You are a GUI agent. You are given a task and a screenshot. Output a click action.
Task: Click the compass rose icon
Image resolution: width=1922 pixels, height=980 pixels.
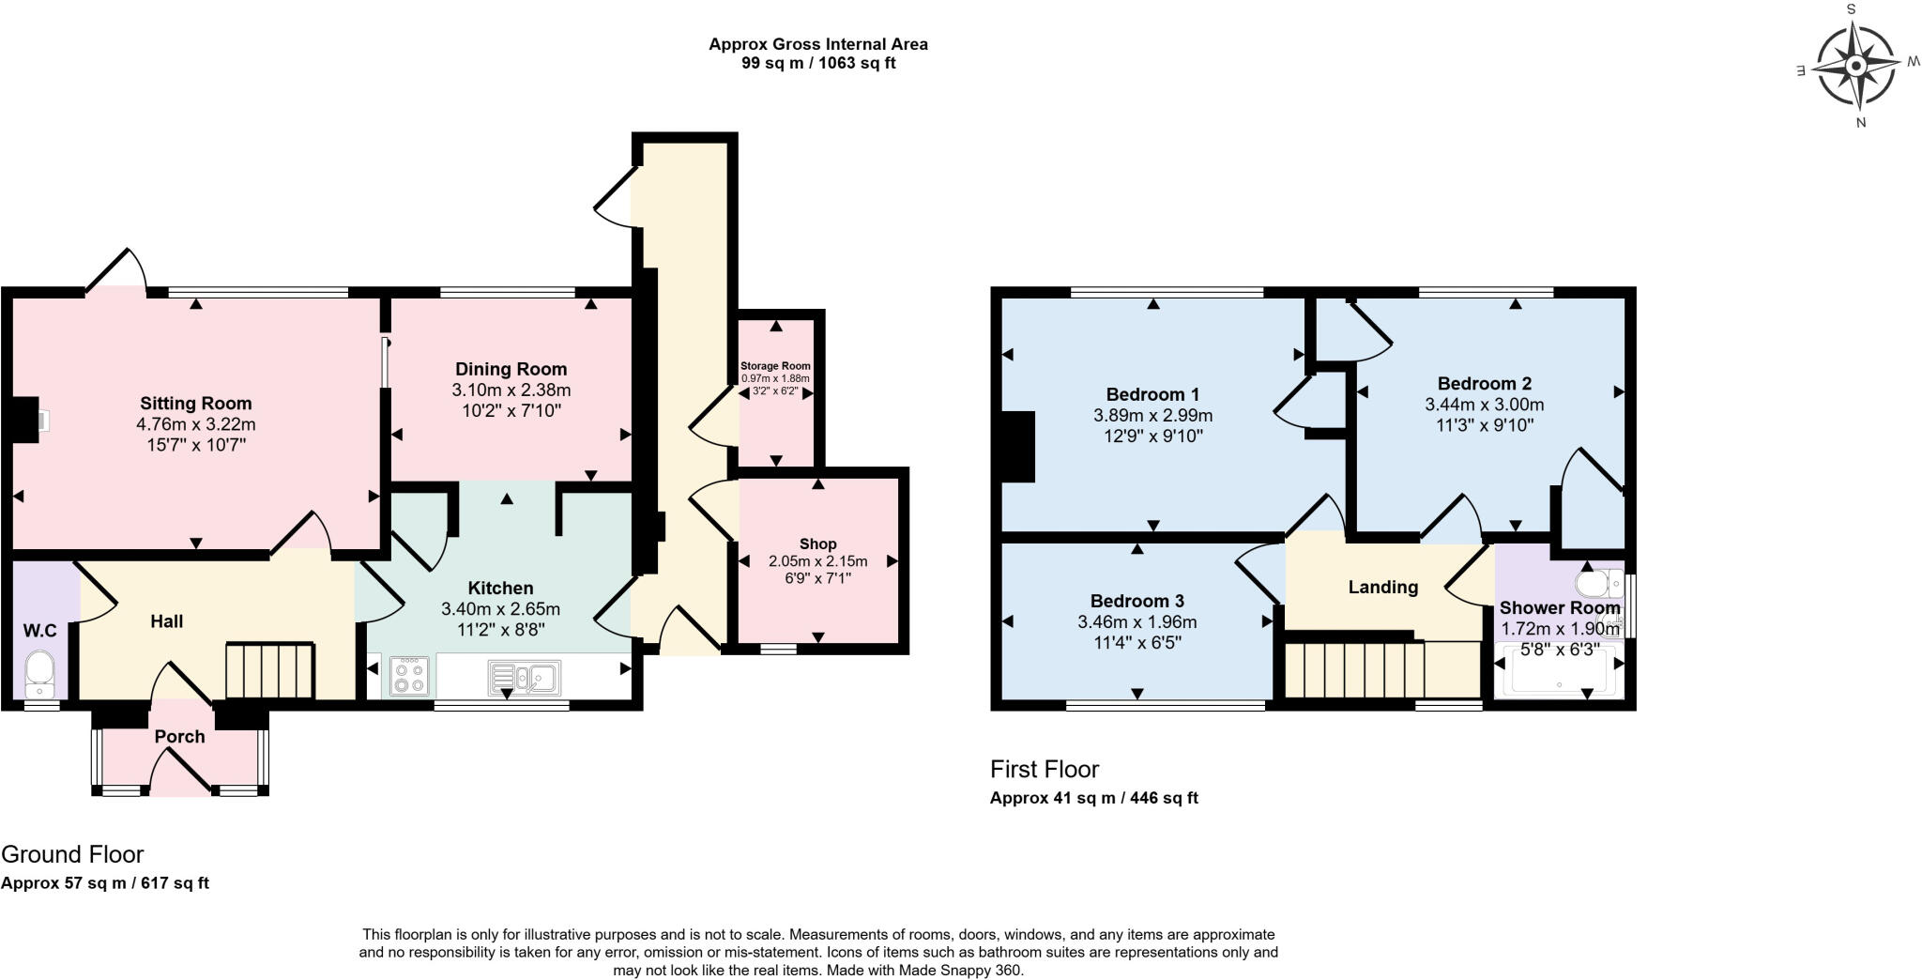point(1857,67)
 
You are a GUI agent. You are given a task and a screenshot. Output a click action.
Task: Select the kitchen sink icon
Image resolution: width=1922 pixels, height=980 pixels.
point(524,676)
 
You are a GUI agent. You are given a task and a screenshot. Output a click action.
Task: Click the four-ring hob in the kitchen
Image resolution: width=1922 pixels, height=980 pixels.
point(409,676)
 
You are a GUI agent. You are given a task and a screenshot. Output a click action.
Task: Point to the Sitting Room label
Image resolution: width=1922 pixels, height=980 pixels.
point(196,404)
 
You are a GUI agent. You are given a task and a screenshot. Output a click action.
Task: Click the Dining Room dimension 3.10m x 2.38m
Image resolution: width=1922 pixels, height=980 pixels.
point(511,390)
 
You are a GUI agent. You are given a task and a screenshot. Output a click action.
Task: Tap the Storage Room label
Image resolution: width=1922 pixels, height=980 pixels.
point(775,366)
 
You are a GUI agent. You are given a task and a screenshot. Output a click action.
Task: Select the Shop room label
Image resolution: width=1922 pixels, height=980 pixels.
point(817,544)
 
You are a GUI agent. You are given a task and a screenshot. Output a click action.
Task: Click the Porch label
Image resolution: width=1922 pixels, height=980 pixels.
point(179,737)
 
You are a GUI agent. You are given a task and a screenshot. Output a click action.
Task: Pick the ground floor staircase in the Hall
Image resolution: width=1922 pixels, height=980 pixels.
point(269,670)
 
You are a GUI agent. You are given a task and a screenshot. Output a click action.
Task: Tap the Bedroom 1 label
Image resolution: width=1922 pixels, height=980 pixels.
point(1152,394)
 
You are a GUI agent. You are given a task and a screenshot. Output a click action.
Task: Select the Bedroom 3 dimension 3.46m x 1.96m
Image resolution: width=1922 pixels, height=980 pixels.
point(1136,621)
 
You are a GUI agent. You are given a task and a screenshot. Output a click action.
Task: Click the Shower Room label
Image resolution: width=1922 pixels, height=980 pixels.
point(1559,607)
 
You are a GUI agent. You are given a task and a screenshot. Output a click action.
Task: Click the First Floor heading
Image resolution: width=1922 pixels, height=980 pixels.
point(1044,770)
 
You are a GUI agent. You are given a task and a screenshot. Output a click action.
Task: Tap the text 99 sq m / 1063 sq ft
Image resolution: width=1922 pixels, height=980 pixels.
point(818,64)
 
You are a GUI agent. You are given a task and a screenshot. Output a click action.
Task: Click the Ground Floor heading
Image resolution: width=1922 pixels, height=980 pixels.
point(72,854)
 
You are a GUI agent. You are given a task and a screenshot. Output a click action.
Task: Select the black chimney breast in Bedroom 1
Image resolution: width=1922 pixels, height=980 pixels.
point(1017,447)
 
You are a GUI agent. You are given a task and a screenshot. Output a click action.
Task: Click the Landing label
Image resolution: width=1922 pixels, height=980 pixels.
point(1382,588)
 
